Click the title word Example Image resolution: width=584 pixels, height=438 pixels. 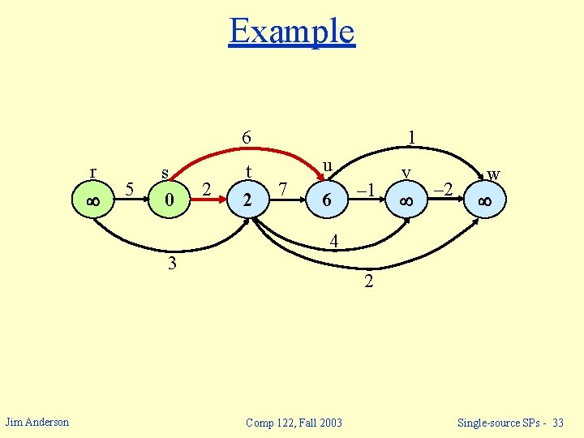coord(292,32)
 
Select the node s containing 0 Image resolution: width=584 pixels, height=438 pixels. coord(168,200)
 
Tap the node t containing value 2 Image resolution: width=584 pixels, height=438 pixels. coord(247,200)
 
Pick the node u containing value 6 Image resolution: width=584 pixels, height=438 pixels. coord(326,200)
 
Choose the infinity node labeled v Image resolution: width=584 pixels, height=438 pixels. coord(405,200)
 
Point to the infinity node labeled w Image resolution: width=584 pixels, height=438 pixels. coord(485,200)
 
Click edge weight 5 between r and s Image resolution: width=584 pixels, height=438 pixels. coord(130,190)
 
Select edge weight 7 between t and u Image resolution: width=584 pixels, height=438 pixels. coord(282,190)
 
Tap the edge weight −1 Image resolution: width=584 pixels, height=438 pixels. coord(366,190)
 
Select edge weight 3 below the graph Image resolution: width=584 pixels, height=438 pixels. coord(172,264)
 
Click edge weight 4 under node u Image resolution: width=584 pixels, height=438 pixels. coord(333,241)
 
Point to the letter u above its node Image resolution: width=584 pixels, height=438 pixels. coord(327,165)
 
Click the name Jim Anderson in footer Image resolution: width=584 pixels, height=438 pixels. coord(37,421)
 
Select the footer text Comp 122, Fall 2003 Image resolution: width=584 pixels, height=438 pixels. coord(294,422)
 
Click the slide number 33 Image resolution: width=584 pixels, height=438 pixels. coord(557,422)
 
